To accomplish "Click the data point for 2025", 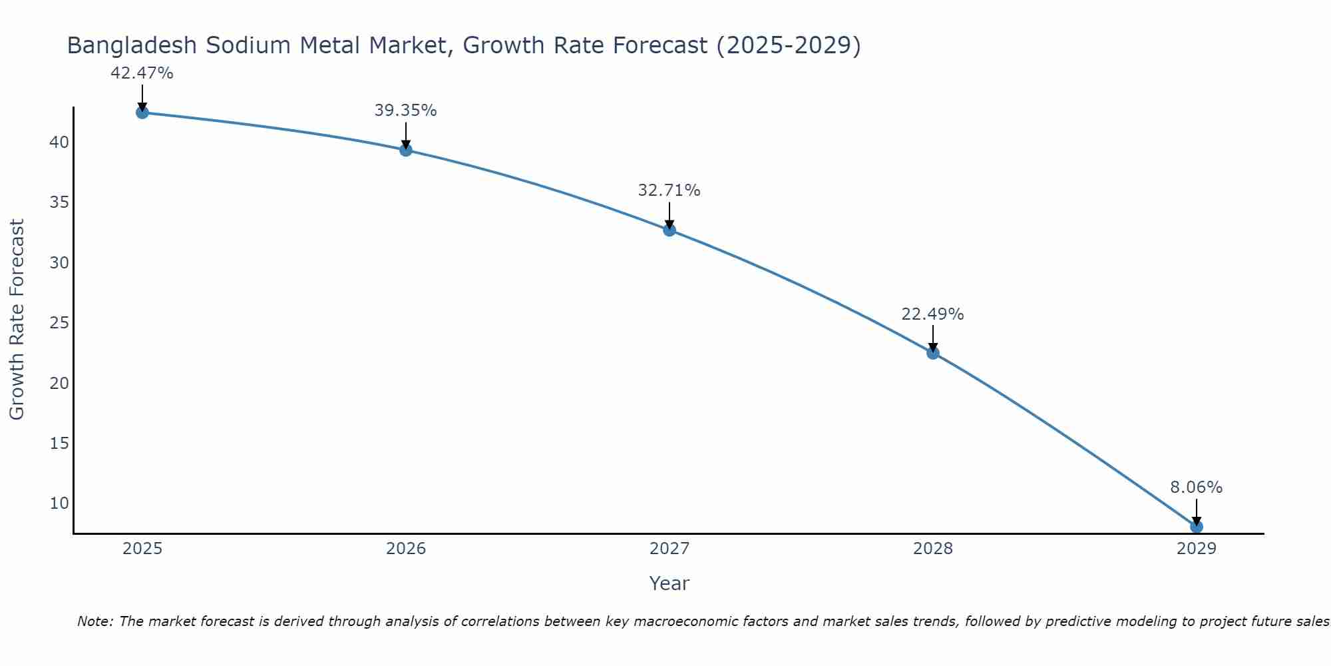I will pyautogui.click(x=142, y=113).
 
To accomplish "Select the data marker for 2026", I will pyautogui.click(x=406, y=150).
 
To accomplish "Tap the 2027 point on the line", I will pyautogui.click(x=669, y=230).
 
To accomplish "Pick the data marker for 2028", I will pyautogui.click(x=933, y=353).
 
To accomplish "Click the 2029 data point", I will pyautogui.click(x=1197, y=527).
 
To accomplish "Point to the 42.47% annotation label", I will pyautogui.click(x=142, y=73).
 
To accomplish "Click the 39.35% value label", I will pyautogui.click(x=406, y=111).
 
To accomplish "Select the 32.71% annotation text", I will pyautogui.click(x=669, y=190).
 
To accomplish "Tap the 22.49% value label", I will pyautogui.click(x=933, y=314).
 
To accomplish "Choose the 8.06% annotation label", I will pyautogui.click(x=1197, y=488).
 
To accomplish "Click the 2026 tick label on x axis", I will pyautogui.click(x=406, y=549).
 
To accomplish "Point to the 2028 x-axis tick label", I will pyautogui.click(x=933, y=549).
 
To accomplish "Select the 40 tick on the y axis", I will pyautogui.click(x=59, y=143).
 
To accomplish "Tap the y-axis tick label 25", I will pyautogui.click(x=59, y=323).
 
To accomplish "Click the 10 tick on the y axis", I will pyautogui.click(x=59, y=503).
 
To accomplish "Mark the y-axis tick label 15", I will pyautogui.click(x=59, y=443).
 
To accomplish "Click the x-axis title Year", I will pyautogui.click(x=669, y=583).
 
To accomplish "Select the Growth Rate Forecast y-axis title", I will pyautogui.click(x=17, y=320).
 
